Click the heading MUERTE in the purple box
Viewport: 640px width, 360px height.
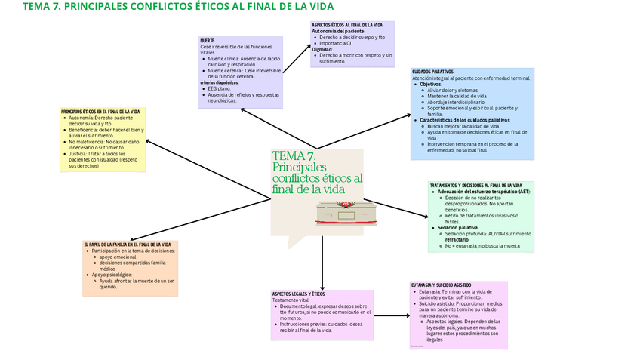[208, 40]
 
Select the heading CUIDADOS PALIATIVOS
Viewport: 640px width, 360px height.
[432, 72]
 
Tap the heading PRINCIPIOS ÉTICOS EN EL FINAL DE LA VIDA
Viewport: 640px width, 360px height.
[100, 112]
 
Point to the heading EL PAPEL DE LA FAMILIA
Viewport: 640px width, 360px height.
[128, 245]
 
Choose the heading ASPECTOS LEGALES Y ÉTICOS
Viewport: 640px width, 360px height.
[298, 294]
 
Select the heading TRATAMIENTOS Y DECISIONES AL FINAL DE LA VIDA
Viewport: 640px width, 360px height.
[475, 185]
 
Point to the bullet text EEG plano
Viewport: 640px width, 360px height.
[220, 88]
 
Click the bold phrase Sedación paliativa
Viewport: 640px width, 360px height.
[457, 227]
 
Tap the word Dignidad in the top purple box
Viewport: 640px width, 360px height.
[322, 49]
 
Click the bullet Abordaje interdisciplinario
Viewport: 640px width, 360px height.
[458, 101]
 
